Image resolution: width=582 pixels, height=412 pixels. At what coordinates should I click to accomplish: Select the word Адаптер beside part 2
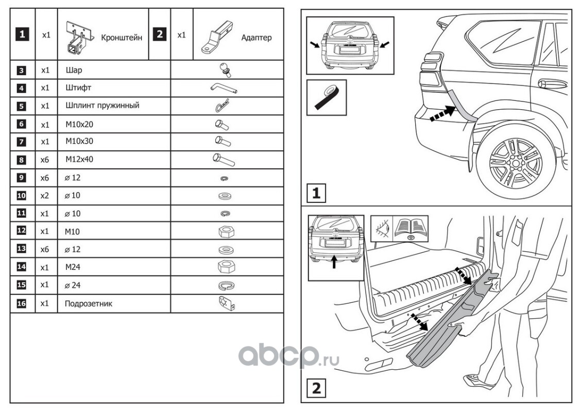coord(256,38)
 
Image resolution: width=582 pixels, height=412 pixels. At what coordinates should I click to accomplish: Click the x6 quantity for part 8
coord(46,160)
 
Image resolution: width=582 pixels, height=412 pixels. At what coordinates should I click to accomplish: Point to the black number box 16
coord(21,303)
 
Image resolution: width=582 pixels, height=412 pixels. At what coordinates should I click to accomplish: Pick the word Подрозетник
coord(89,303)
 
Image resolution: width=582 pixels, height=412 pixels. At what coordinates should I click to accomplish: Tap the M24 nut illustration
coord(227,267)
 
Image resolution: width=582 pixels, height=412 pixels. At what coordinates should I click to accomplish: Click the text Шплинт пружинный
coord(102,106)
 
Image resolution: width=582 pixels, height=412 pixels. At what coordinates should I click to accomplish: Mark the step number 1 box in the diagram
coord(316,193)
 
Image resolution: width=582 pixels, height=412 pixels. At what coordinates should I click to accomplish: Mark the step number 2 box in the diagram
coord(316,388)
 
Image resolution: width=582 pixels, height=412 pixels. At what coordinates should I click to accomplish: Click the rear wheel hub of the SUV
coord(516,162)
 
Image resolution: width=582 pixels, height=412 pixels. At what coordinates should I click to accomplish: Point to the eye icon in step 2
coord(382,227)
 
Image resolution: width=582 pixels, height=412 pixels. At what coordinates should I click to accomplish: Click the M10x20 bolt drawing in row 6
coord(221,124)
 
